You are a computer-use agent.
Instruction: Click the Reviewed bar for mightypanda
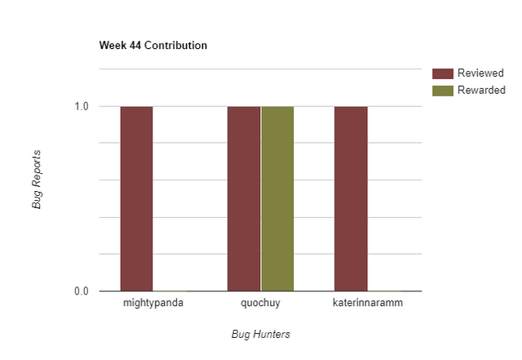[136, 198]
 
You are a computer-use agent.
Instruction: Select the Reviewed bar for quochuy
[244, 198]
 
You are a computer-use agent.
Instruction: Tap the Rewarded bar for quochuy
[277, 198]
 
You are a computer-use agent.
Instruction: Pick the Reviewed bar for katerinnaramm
[351, 198]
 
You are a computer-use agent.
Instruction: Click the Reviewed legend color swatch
[442, 73]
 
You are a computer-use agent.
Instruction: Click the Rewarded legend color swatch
[442, 90]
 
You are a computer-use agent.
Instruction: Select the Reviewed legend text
[480, 73]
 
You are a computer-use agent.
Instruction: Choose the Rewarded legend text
[481, 90]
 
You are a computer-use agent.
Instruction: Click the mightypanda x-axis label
[153, 304]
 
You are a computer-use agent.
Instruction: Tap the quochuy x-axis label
[260, 304]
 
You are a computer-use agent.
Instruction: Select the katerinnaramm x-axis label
[367, 304]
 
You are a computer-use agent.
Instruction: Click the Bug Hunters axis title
[261, 334]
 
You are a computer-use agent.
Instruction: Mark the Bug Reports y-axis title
[37, 179]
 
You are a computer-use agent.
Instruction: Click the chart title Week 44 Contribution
[153, 45]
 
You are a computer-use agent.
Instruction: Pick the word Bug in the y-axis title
[37, 199]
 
